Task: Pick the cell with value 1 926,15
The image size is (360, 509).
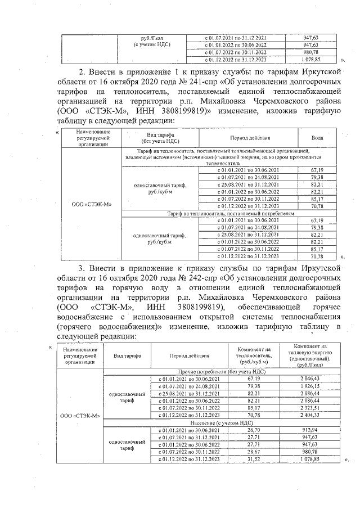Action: (x=310, y=387)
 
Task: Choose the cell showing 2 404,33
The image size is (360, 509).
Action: (x=310, y=415)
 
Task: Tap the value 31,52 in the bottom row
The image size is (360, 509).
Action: (x=253, y=458)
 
